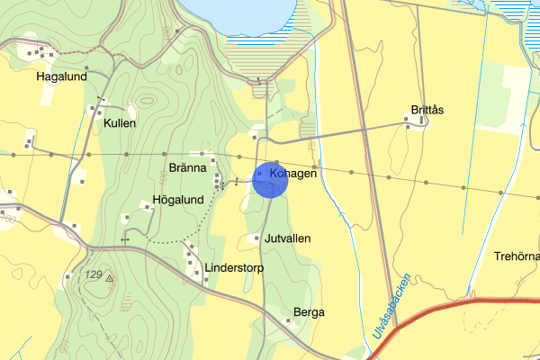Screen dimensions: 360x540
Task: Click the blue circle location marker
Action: click(270, 181)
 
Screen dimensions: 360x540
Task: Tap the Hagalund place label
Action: click(60, 77)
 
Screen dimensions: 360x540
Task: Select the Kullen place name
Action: click(120, 123)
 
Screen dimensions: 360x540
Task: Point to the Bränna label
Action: click(188, 168)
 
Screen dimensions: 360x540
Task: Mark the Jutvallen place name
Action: click(288, 238)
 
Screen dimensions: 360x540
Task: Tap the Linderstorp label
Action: click(231, 268)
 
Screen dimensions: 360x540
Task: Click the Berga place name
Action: click(309, 312)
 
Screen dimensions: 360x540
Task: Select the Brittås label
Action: click(427, 110)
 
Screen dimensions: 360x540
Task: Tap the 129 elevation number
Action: click(93, 274)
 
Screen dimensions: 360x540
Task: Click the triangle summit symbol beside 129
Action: click(110, 279)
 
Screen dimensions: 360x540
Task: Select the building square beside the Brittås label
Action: click(409, 127)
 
